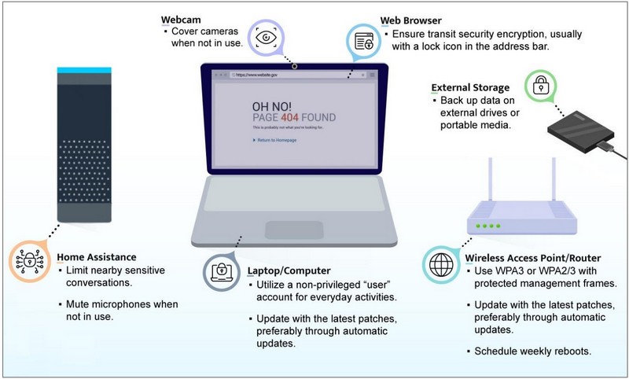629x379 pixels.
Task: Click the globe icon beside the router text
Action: point(438,263)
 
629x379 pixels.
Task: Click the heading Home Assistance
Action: point(97,257)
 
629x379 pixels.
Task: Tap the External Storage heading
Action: point(470,88)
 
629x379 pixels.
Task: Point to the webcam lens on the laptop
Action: point(294,66)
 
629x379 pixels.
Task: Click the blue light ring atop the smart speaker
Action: point(86,71)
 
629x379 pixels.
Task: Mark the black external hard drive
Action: point(581,129)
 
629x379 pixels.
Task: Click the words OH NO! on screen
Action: point(272,105)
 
